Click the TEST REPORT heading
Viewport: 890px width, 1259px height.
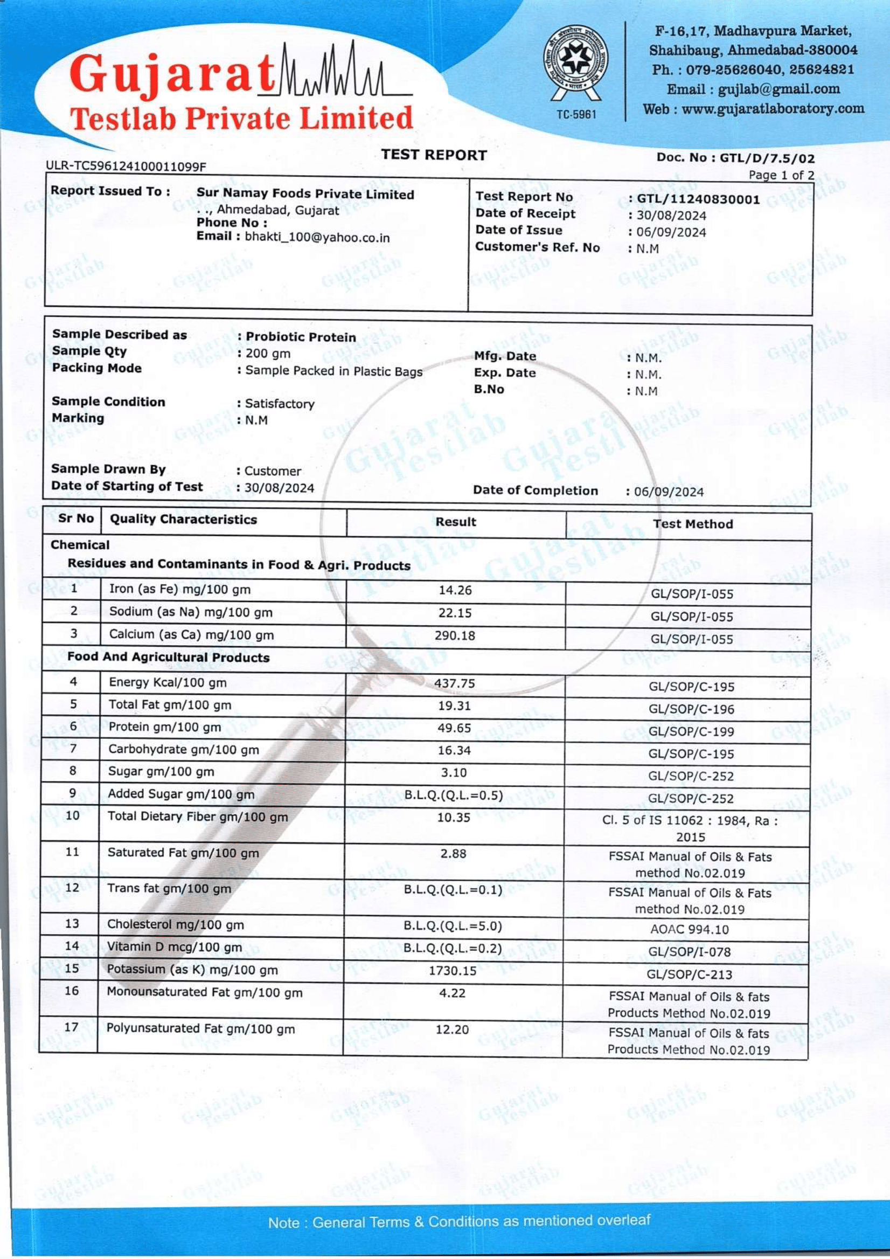(434, 155)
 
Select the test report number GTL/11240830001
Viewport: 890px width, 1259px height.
(698, 199)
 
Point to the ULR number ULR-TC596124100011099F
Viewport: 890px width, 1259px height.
(126, 165)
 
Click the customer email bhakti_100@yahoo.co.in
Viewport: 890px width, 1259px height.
(317, 238)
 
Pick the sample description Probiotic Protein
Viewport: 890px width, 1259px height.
(300, 337)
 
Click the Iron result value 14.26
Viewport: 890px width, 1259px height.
(455, 590)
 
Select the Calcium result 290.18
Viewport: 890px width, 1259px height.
(455, 635)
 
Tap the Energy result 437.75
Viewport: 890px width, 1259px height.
(454, 683)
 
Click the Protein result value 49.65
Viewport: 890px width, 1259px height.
(454, 728)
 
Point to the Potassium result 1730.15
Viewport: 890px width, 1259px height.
(452, 971)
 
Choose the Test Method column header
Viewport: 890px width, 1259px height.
(693, 524)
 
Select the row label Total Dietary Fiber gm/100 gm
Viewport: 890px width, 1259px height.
(197, 817)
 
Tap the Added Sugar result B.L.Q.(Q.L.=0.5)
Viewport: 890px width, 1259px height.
(453, 795)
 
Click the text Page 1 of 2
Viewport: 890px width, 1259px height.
(781, 175)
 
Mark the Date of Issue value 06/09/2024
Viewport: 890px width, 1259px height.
(671, 232)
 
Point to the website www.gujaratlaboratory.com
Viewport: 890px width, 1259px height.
(773, 108)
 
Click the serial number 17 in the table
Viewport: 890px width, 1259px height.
(71, 1027)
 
